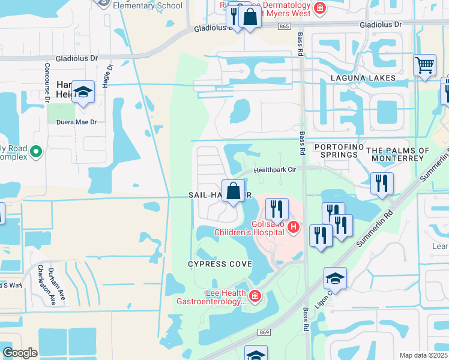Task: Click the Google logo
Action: pos(20,352)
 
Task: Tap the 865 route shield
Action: pos(285,26)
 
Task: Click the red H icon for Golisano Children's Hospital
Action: pos(293,227)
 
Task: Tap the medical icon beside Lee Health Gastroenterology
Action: pos(255,296)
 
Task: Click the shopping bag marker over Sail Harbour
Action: pos(232,191)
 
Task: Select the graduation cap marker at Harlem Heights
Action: pos(83,92)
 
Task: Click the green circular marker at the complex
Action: pos(35,152)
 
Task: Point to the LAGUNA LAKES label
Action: pos(363,78)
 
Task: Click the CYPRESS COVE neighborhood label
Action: pos(220,264)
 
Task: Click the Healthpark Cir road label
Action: pos(275,170)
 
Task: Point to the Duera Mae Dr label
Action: pos(77,122)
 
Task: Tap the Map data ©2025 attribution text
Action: pos(423,355)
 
